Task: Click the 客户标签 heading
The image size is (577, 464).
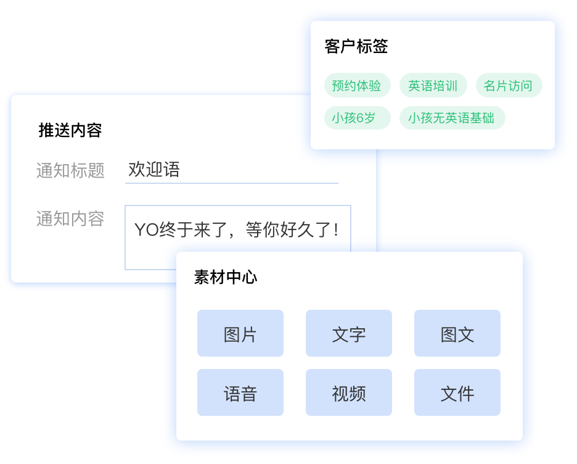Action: pyautogui.click(x=356, y=47)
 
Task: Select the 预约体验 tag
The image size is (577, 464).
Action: pyautogui.click(x=356, y=86)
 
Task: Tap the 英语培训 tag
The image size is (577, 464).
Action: pyautogui.click(x=433, y=86)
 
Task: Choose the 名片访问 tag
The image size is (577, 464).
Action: pyautogui.click(x=508, y=86)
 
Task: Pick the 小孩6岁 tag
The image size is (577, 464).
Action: pyautogui.click(x=353, y=118)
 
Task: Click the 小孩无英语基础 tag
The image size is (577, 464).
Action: pyautogui.click(x=451, y=118)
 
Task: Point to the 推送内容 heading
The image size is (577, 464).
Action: pyautogui.click(x=70, y=130)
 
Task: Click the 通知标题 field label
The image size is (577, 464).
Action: pyautogui.click(x=70, y=170)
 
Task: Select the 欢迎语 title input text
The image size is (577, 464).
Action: pyautogui.click(x=154, y=170)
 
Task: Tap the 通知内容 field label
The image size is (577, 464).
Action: pyautogui.click(x=70, y=218)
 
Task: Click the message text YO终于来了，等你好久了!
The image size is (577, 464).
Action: pyautogui.click(x=237, y=230)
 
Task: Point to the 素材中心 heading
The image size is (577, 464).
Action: pyautogui.click(x=226, y=277)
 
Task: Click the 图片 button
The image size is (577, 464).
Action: pyautogui.click(x=240, y=334)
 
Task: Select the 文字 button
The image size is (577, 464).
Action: pyautogui.click(x=349, y=334)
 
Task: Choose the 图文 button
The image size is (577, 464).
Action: pyautogui.click(x=457, y=334)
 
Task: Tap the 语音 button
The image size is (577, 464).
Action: pyautogui.click(x=240, y=393)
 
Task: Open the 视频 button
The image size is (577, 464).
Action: pyautogui.click(x=349, y=393)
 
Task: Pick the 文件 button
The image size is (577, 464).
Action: pyautogui.click(x=457, y=393)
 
